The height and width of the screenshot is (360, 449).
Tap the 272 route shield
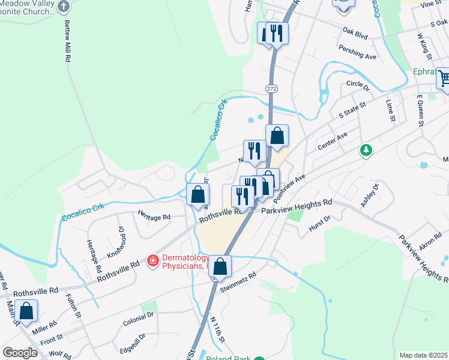pos(271,88)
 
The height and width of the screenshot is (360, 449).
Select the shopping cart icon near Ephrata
pos(444,78)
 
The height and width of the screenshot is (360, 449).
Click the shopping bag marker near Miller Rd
pos(26,311)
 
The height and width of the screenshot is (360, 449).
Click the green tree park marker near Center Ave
pos(366,149)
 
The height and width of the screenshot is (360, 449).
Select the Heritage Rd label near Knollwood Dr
pos(154,217)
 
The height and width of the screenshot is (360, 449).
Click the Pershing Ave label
pos(357,52)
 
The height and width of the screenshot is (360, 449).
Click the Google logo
pos(20,353)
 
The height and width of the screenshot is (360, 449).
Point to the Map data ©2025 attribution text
pos(424,355)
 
